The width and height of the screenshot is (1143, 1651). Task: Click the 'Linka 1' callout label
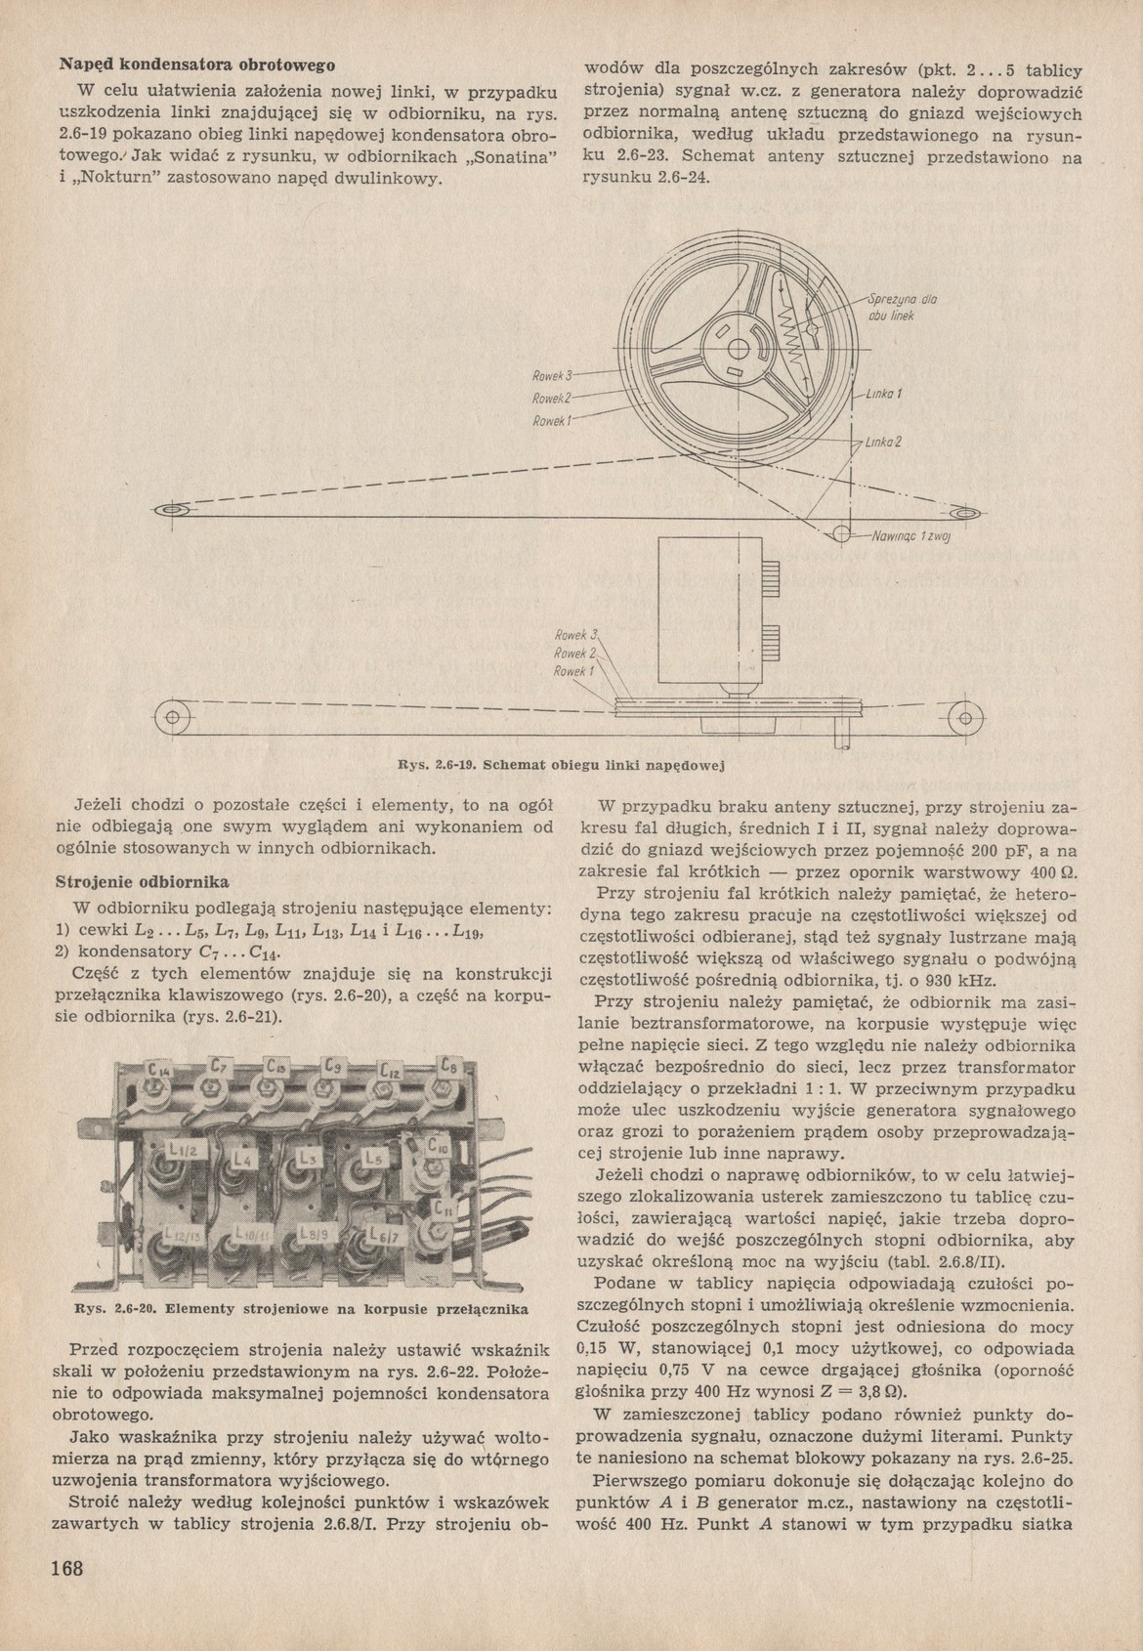pos(883,395)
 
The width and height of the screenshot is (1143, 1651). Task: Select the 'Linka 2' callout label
pos(882,442)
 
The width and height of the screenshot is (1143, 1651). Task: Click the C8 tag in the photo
pos(451,1067)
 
